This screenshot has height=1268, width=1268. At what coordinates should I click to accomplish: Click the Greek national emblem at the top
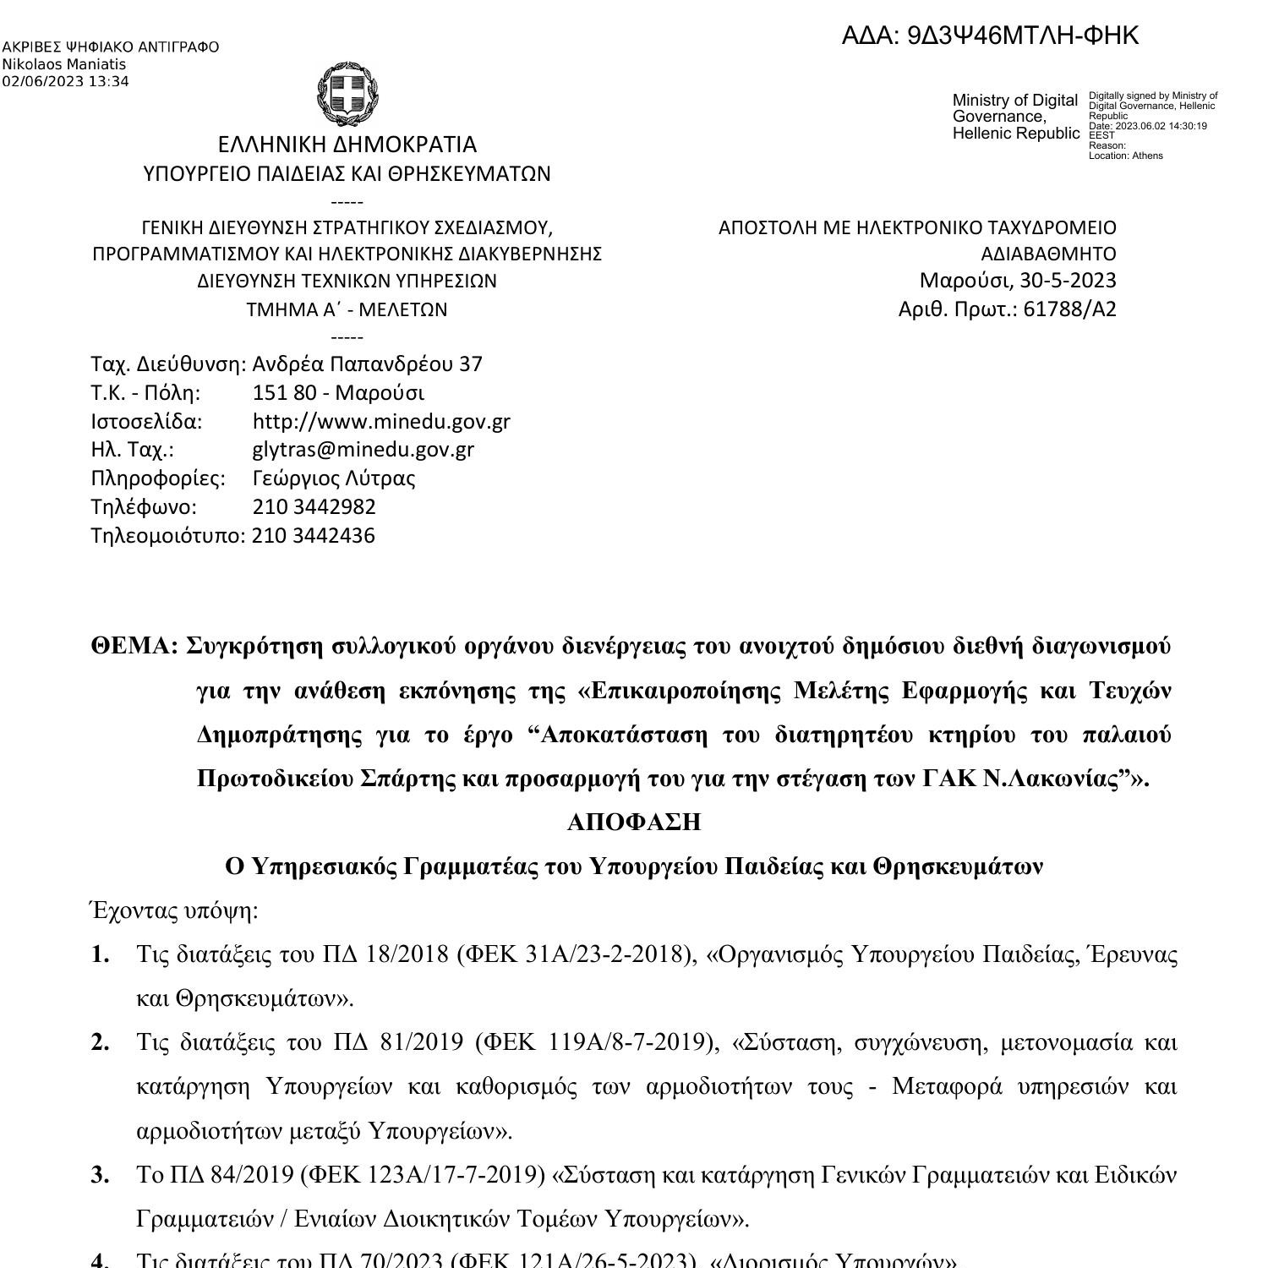pos(347,92)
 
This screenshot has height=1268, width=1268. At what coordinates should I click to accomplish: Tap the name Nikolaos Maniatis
pos(64,64)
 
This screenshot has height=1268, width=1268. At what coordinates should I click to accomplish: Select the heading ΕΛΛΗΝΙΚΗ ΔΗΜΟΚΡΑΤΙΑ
pos(347,145)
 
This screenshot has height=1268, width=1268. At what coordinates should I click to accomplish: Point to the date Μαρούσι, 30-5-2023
pos(1017,281)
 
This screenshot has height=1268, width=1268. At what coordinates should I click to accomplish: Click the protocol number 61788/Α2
pos(1069,309)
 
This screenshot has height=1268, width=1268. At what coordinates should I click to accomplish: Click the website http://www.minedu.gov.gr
pos(381,421)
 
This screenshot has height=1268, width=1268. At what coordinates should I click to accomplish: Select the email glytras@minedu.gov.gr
pos(363,450)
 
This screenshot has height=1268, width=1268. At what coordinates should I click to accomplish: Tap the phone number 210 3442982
pos(314,507)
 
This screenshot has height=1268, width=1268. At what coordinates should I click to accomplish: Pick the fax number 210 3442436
pos(314,536)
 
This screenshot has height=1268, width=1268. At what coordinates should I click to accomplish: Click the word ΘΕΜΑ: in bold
pos(134,647)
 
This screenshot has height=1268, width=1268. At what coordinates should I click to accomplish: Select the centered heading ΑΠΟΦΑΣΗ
pos(634,823)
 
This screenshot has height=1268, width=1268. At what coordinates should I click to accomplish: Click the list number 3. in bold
pos(101,1175)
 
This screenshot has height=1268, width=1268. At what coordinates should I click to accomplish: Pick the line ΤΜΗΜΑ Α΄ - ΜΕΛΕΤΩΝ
pos(347,310)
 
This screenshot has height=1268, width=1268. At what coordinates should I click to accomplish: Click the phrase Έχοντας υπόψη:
pos(173,911)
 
